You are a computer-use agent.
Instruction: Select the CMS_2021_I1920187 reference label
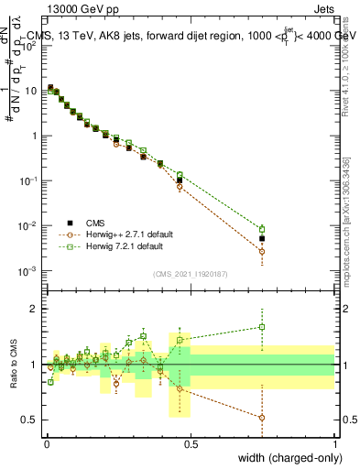click(190, 272)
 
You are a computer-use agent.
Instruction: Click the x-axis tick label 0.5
click(191, 443)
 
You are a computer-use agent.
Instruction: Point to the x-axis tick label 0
click(47, 443)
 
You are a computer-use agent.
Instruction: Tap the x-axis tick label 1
click(334, 443)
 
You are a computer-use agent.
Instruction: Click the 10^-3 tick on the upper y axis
click(28, 270)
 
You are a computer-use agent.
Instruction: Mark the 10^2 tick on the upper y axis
click(28, 46)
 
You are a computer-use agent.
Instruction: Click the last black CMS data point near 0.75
click(262, 238)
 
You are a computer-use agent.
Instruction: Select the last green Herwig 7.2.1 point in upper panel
click(262, 229)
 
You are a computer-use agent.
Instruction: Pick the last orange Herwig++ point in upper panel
click(262, 251)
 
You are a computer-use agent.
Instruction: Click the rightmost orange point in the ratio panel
click(262, 418)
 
